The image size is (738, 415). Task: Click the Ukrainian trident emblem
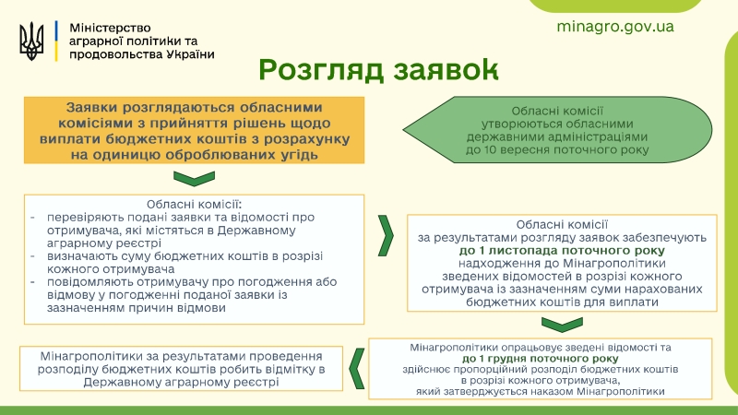click(31, 41)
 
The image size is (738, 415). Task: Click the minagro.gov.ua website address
click(615, 27)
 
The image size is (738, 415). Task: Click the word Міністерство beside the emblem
click(110, 28)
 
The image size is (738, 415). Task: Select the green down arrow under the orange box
click(194, 178)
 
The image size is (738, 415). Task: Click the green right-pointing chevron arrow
click(386, 236)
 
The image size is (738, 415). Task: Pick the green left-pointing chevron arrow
click(357, 368)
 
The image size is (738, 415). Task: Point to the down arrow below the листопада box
click(562, 325)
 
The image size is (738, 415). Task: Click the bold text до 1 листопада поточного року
click(562, 250)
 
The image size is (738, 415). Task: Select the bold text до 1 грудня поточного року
click(540, 359)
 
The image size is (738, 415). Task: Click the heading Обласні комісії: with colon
click(194, 205)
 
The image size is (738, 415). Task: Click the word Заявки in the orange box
click(91, 108)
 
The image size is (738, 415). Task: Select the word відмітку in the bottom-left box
click(286, 370)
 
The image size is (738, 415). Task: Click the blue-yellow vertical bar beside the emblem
click(56, 41)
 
